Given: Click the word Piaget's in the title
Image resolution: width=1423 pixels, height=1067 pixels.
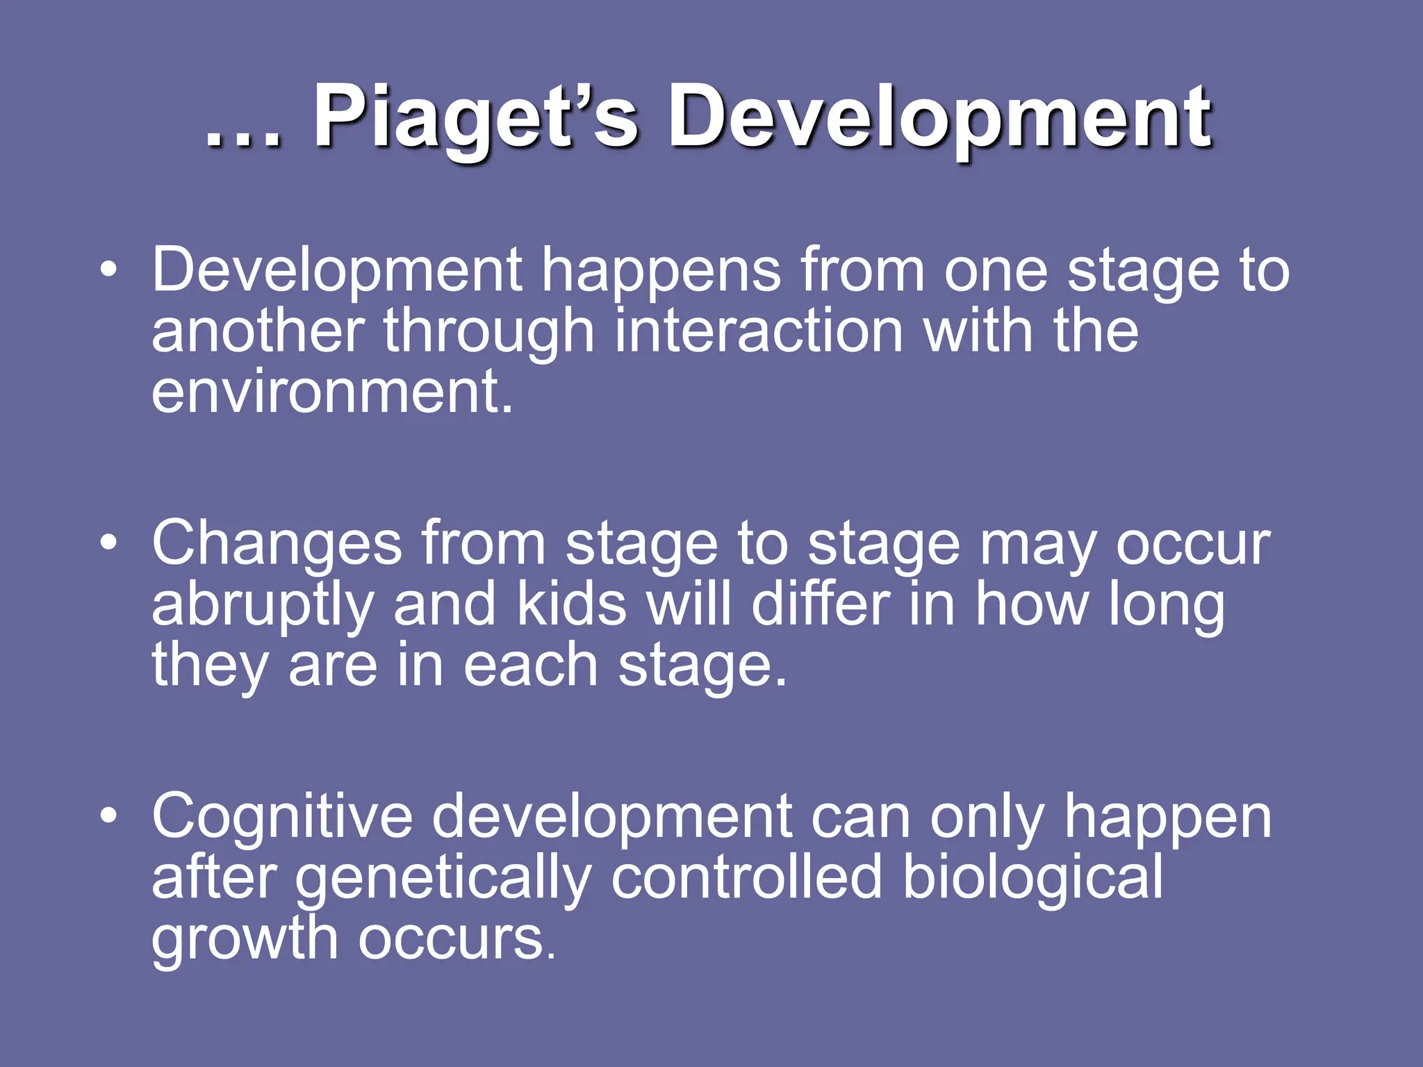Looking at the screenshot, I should point(475,118).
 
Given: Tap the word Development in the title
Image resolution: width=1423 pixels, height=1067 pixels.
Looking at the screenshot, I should point(939,118).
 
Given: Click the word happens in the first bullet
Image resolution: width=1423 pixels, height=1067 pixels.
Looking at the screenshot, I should point(661,272).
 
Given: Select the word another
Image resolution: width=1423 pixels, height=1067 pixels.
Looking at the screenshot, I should point(258,331).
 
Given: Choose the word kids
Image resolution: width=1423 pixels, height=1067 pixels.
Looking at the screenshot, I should point(571,604).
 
